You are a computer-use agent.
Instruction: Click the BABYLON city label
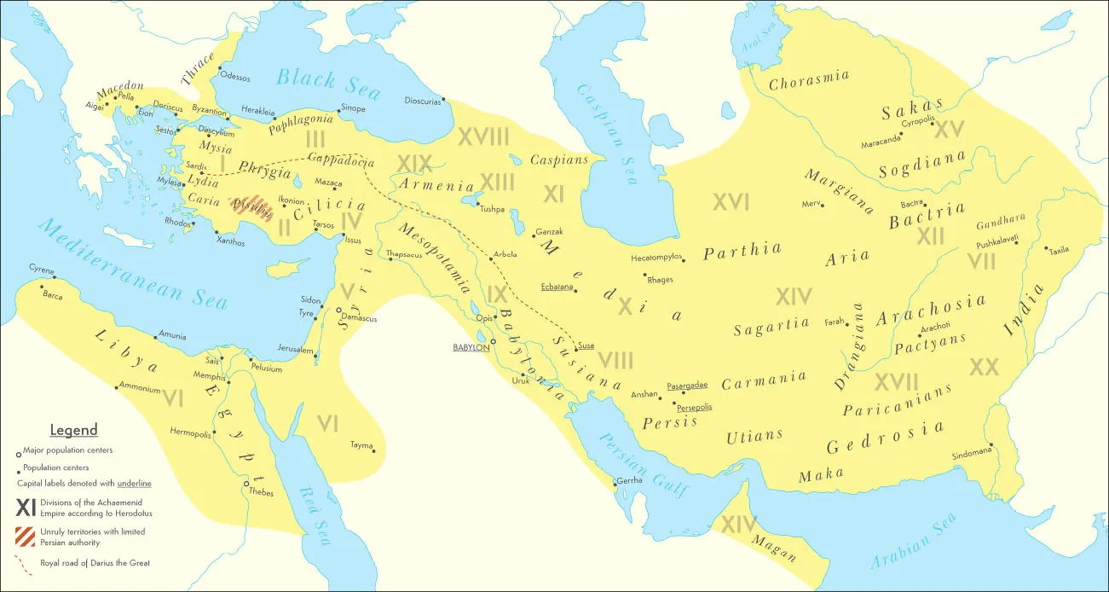[x=471, y=347]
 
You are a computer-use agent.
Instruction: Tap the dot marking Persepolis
[x=673, y=403]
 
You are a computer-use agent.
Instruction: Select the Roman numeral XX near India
[x=984, y=367]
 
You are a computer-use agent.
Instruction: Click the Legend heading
[x=73, y=430]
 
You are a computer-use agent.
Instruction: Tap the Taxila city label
[x=1059, y=250]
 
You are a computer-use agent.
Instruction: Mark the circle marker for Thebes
[x=247, y=485]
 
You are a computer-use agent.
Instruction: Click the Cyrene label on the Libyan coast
[x=41, y=269]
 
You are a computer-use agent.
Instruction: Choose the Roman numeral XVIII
[x=483, y=136]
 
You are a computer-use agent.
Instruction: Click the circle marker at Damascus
[x=338, y=311]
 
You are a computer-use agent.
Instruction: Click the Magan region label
[x=775, y=547]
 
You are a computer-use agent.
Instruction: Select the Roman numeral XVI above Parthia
[x=731, y=202]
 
